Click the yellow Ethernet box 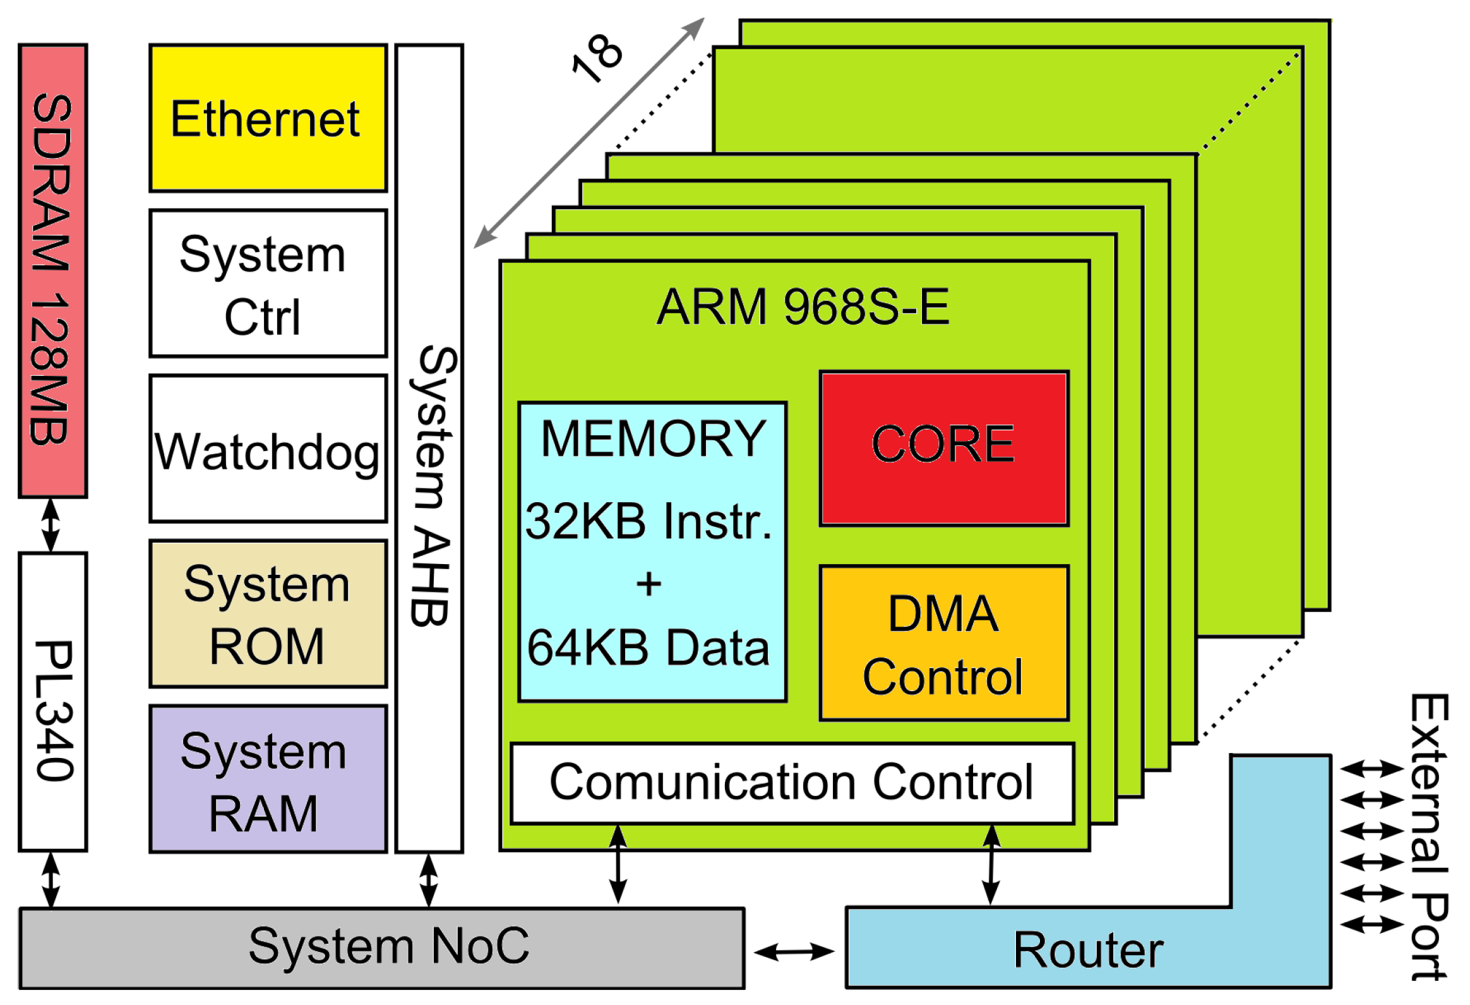(268, 118)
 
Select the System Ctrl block (268, 284)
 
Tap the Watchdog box (268, 449)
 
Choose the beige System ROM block (268, 614)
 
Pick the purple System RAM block (268, 779)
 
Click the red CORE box (943, 448)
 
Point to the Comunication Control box (792, 783)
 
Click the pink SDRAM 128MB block (52, 271)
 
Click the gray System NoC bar (381, 948)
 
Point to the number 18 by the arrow (596, 57)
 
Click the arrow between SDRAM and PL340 (51, 526)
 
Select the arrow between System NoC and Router (794, 951)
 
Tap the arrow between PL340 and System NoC (51, 880)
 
